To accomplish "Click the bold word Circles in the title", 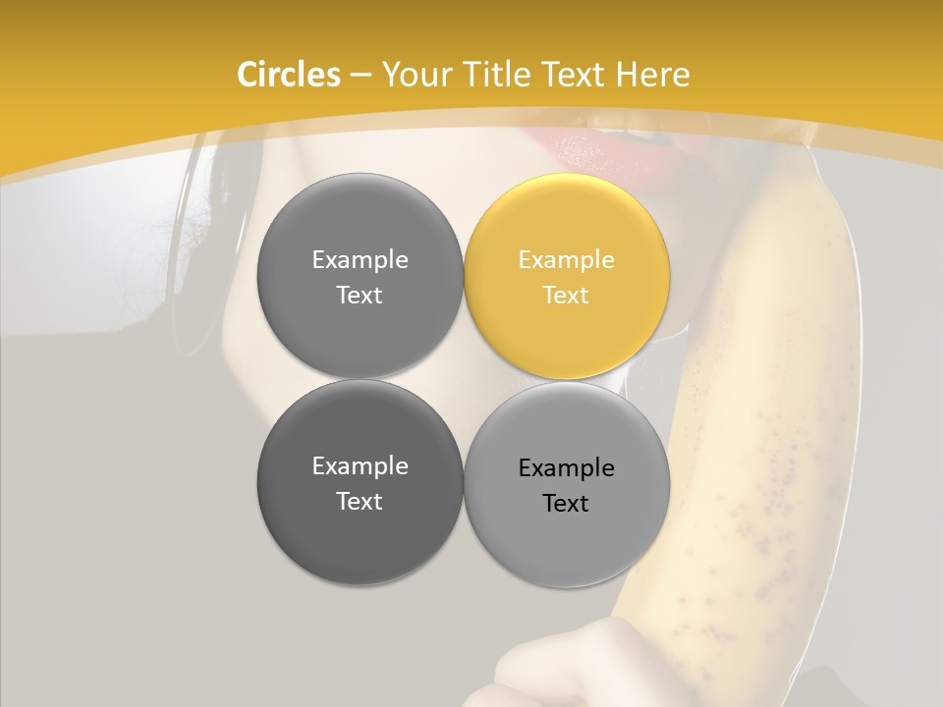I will pos(288,75).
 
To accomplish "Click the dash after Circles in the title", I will pos(360,76).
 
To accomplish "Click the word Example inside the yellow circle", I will pos(566,260).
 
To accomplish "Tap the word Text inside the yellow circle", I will pos(566,296).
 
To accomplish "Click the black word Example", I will pos(566,468).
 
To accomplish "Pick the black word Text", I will pos(566,504).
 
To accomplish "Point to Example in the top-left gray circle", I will pos(360,260).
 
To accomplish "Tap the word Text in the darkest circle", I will pos(360,502).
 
